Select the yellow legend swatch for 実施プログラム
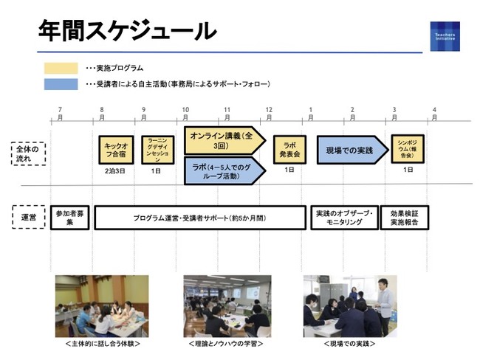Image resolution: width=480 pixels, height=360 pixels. point(62,69)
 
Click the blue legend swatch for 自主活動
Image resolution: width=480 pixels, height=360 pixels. point(62,84)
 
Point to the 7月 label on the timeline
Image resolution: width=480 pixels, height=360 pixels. point(60,114)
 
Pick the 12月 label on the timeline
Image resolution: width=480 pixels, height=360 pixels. point(269,114)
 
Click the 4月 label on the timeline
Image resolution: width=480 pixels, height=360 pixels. point(435,114)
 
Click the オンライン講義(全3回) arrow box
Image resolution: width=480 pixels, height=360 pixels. point(222,140)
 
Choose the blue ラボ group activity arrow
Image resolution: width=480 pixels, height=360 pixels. point(222,170)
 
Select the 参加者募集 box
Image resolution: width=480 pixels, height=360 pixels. point(69,218)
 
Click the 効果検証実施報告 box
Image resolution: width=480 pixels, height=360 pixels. point(405,218)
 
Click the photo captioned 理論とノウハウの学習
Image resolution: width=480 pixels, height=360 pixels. point(227,305)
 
